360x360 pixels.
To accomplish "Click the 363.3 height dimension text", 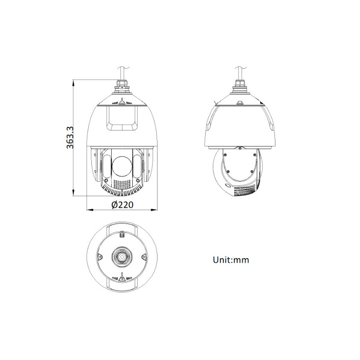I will point(69,137).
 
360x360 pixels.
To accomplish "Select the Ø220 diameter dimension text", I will point(122,205).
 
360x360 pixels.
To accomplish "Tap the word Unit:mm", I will point(231,260).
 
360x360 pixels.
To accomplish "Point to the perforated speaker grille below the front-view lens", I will point(122,184).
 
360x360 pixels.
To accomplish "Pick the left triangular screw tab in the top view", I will point(100,257).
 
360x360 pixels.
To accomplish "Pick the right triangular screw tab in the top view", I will point(144,257).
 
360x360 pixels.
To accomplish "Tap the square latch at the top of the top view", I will point(122,234).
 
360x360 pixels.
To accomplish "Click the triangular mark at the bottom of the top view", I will point(122,279).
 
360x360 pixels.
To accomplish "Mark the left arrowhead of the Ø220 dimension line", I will point(88,210).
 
